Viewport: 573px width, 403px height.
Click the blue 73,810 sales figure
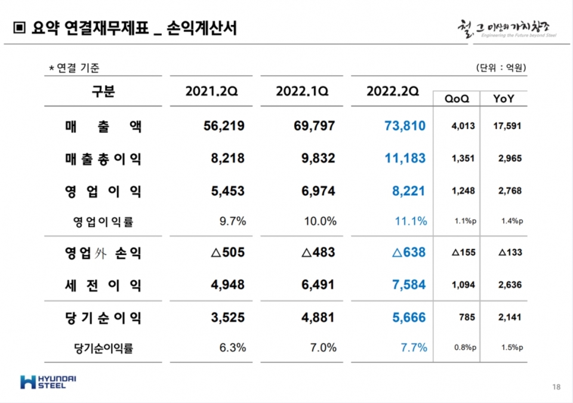click(x=404, y=126)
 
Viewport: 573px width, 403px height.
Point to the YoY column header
click(x=504, y=99)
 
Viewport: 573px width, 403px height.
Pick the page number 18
click(x=556, y=387)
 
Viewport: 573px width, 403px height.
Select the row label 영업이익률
click(x=103, y=222)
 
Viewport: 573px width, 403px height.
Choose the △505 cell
click(x=228, y=253)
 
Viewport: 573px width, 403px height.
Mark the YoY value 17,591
click(x=507, y=126)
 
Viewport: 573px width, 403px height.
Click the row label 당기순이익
click(x=103, y=318)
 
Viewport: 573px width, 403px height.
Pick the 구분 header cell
click(x=103, y=91)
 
